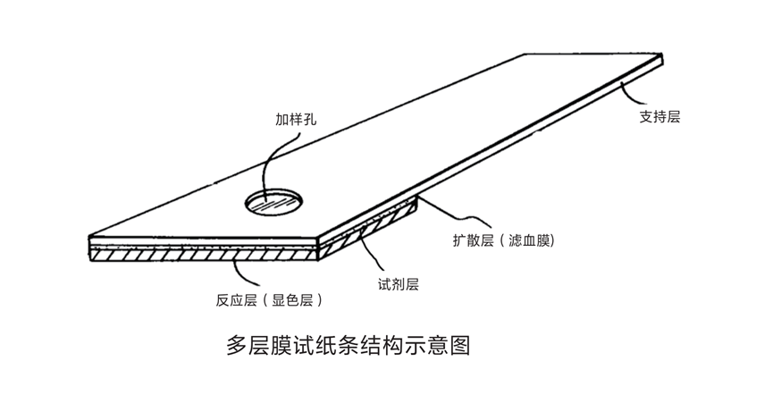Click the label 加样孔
tap(296, 118)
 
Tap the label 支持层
tap(660, 116)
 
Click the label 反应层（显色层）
tap(267, 300)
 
